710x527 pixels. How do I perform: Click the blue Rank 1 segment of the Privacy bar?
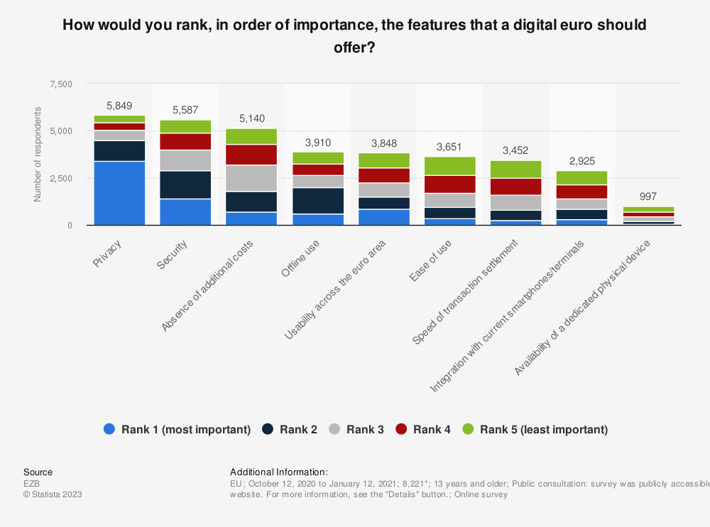[119, 193]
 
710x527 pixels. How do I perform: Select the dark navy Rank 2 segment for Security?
[185, 184]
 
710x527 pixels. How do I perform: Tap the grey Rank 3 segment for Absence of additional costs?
[251, 178]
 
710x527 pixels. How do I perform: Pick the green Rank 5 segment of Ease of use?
[449, 166]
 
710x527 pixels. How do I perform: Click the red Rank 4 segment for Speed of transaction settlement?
[515, 187]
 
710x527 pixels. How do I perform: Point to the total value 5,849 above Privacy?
[119, 105]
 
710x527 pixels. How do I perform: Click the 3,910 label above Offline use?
[317, 142]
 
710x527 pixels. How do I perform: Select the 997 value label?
[648, 196]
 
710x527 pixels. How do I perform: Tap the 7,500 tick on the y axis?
[60, 84]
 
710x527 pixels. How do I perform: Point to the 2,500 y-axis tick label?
[60, 179]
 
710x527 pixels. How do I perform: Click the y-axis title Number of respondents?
[37, 155]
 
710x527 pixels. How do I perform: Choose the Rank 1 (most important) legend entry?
[177, 429]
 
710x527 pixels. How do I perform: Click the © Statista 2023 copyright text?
[53, 494]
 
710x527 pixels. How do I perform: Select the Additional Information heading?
[278, 472]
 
